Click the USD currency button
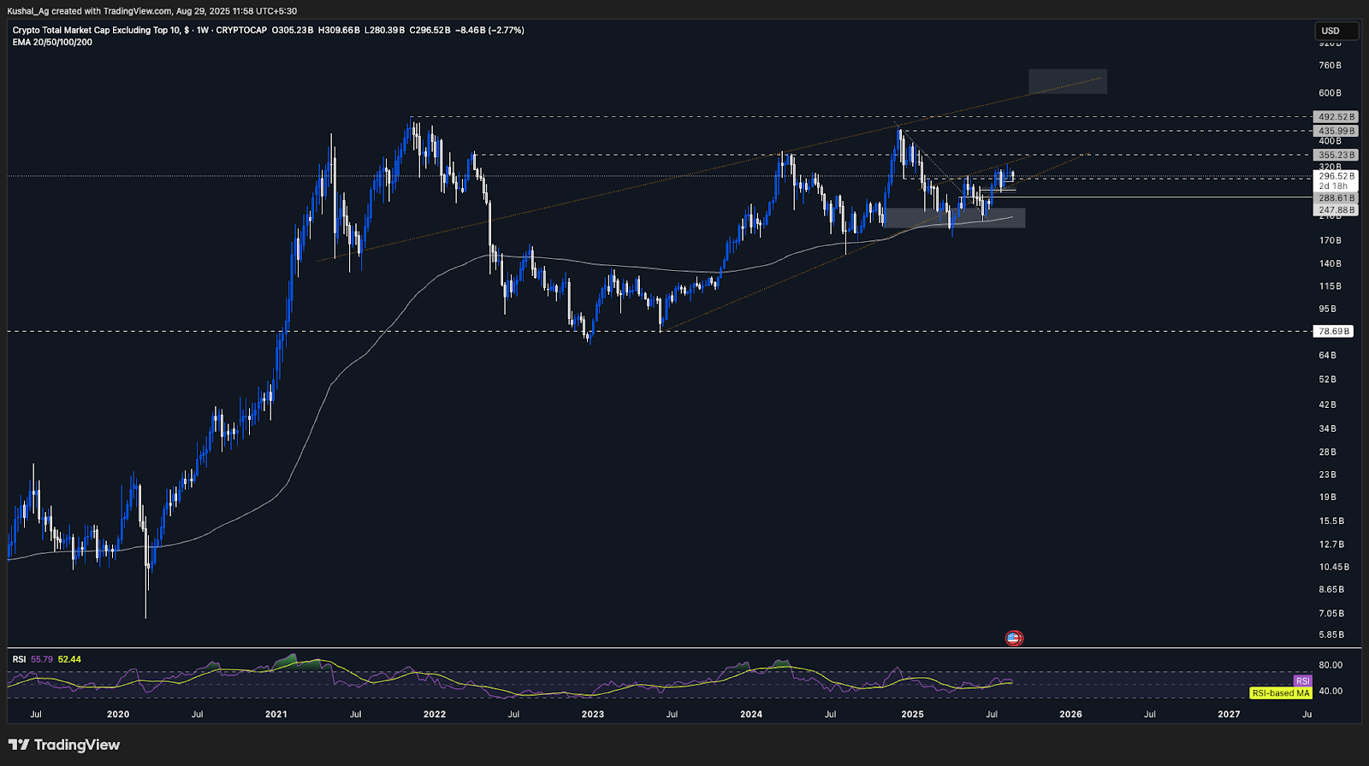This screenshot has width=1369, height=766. coord(1336,31)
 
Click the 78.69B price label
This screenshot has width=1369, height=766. coord(1334,331)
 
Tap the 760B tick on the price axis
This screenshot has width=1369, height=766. coord(1330,66)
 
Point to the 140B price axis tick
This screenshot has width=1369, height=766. coord(1330,263)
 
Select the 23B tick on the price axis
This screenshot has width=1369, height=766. coord(1327,474)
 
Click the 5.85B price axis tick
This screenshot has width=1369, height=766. coord(1330,634)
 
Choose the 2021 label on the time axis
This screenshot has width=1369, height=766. coord(276,714)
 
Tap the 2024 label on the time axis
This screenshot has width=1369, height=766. coord(751,714)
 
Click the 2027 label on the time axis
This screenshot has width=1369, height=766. coord(1229,714)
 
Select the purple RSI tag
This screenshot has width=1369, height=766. coord(1302,681)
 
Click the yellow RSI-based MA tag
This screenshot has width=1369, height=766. coord(1280,692)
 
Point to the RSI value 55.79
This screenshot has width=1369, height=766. coord(42,659)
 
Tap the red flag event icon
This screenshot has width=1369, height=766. coord(1014,638)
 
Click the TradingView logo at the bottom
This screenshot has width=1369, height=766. coord(64,745)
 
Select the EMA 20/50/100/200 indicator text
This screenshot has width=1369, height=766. coord(52,42)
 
